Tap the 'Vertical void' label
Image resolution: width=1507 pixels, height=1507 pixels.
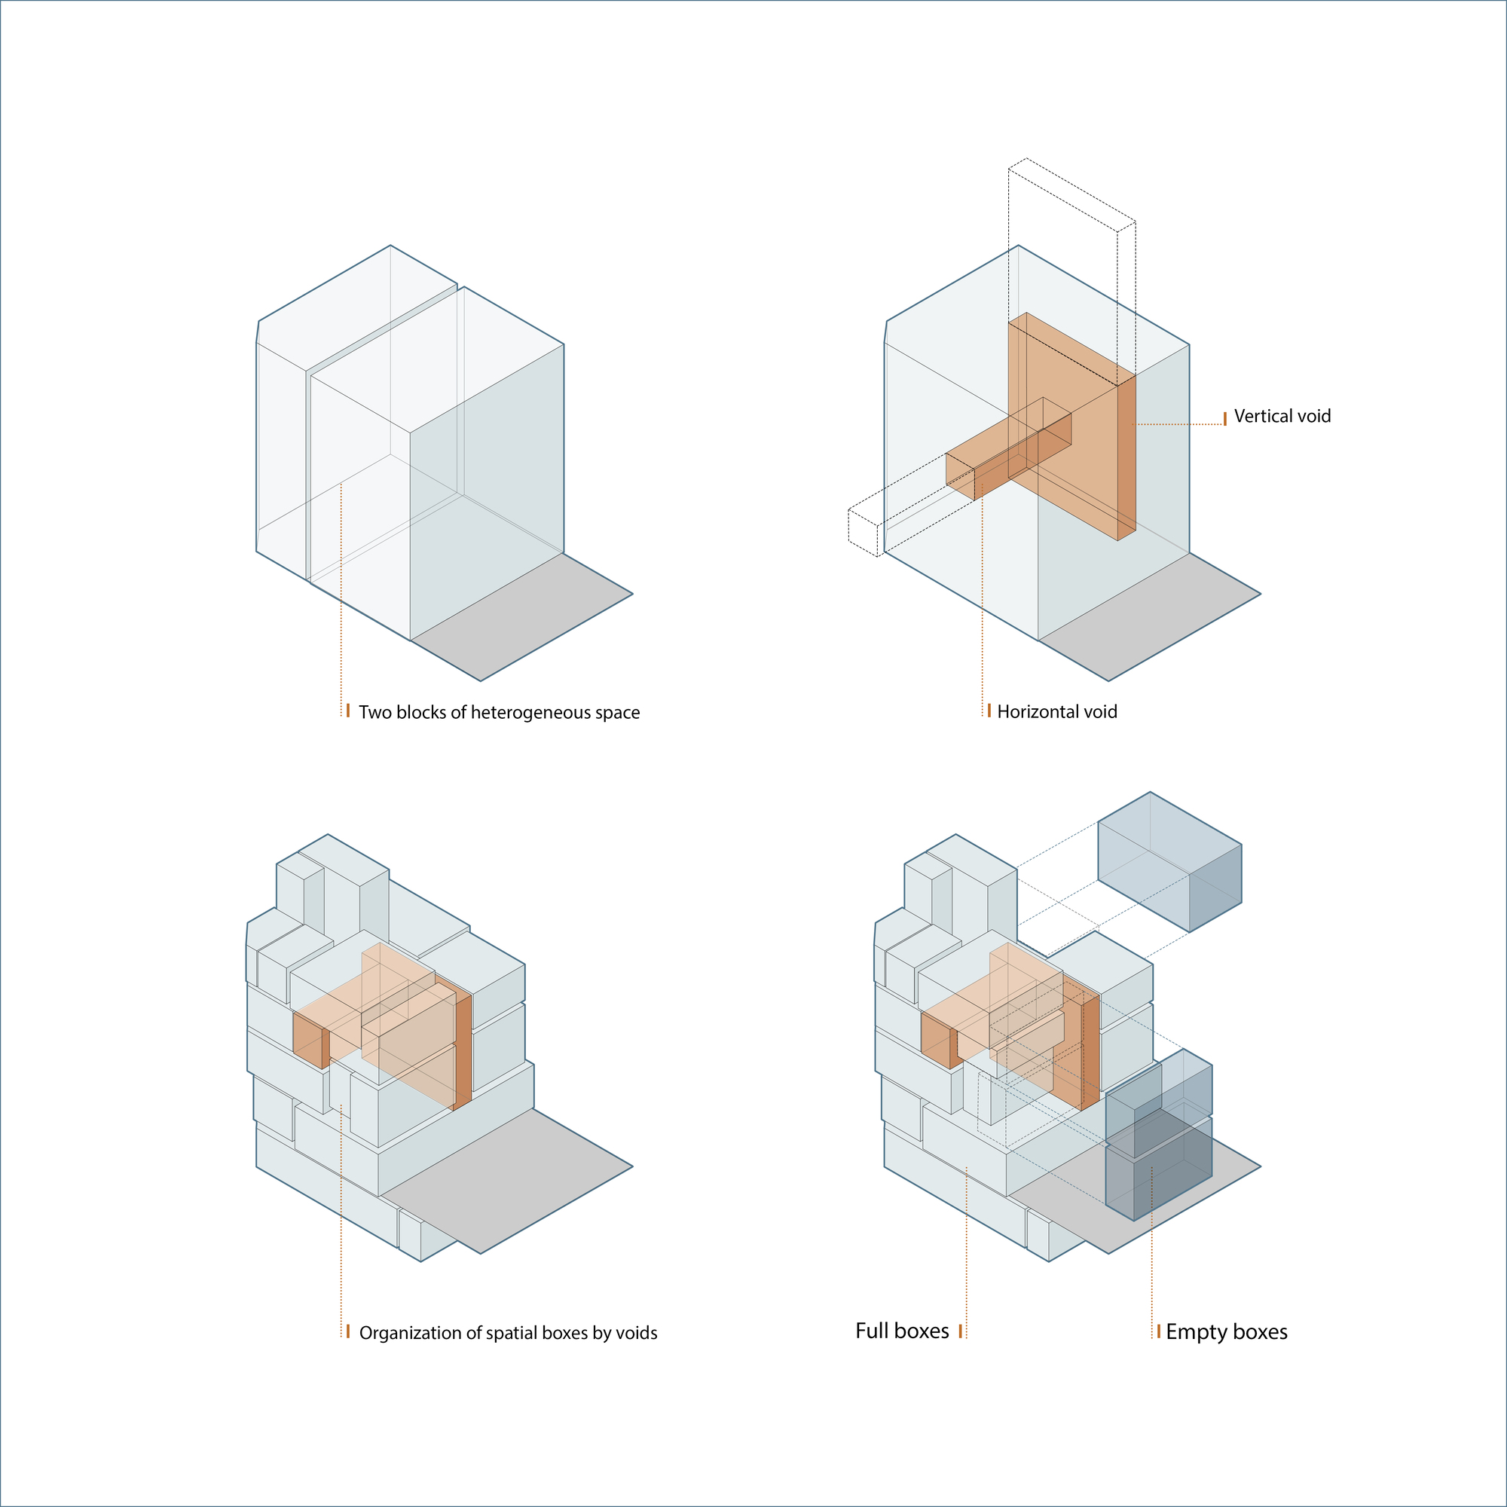[1282, 417]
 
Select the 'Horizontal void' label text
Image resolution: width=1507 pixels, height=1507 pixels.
[1057, 712]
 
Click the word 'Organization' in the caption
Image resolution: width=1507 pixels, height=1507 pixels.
[411, 1333]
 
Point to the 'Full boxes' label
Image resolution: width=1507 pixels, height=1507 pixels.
[902, 1331]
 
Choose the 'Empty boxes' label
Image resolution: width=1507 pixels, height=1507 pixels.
[1226, 1332]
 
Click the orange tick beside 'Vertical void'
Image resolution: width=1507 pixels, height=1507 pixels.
[1224, 418]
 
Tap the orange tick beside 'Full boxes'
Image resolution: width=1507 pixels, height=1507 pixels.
[960, 1331]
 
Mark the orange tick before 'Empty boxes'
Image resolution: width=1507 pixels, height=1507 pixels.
[1158, 1331]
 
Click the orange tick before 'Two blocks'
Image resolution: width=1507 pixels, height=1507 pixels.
[348, 710]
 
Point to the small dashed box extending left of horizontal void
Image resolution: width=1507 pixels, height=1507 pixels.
[863, 532]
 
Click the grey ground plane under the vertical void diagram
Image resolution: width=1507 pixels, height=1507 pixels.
[1151, 616]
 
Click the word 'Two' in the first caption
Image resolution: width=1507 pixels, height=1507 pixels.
[373, 713]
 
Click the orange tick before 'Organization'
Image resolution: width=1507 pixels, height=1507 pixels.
[348, 1331]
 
